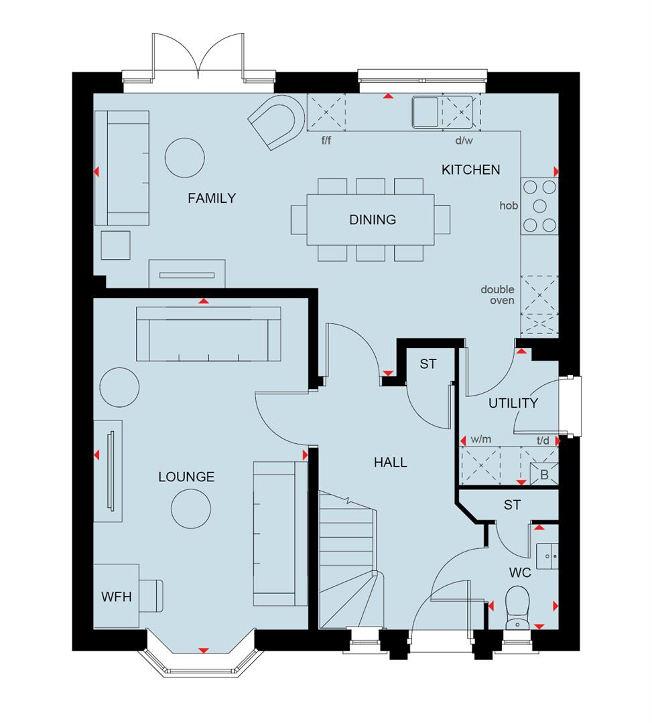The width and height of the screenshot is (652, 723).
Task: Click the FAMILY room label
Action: (x=212, y=198)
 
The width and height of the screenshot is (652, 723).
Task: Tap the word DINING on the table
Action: (x=373, y=220)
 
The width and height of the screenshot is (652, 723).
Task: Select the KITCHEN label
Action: (x=470, y=170)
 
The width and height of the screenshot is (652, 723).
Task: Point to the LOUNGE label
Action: (x=186, y=477)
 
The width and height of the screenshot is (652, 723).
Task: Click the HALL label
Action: (x=391, y=462)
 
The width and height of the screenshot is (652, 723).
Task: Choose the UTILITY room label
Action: (x=513, y=403)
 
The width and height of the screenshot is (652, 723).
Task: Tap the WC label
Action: (x=520, y=573)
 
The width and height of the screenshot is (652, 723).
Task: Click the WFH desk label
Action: (x=116, y=596)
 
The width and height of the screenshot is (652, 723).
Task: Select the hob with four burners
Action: (x=540, y=206)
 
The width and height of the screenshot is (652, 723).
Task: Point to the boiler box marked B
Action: (x=543, y=473)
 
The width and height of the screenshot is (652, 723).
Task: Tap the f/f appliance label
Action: (x=327, y=141)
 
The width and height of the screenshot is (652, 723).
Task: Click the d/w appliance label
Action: (x=463, y=141)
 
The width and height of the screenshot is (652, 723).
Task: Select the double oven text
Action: (x=497, y=295)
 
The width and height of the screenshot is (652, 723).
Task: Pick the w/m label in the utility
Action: (x=481, y=440)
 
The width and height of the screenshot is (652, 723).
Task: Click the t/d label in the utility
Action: (x=544, y=440)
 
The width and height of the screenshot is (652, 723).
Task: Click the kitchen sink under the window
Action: (x=425, y=111)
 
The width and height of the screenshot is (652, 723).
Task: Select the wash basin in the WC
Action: (x=548, y=554)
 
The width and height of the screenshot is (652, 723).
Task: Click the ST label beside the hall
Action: (x=428, y=364)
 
